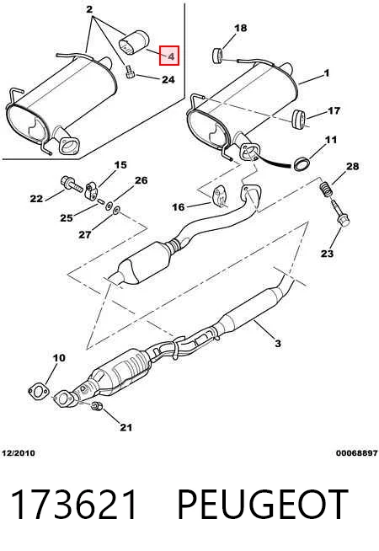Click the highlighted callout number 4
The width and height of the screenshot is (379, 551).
pyautogui.click(x=169, y=56)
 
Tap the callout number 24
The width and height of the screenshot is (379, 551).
pyautogui.click(x=168, y=80)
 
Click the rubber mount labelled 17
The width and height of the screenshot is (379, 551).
pyautogui.click(x=299, y=120)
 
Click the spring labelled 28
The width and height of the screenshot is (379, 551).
pyautogui.click(x=327, y=189)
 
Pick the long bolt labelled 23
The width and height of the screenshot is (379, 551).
pyautogui.click(x=339, y=213)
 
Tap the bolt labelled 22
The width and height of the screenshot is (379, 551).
pyautogui.click(x=72, y=184)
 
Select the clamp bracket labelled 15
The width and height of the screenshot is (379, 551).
pyautogui.click(x=92, y=190)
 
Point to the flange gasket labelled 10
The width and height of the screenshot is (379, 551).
pyautogui.click(x=38, y=392)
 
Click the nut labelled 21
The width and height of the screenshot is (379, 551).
pyautogui.click(x=96, y=405)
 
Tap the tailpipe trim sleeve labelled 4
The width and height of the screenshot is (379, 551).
pyautogui.click(x=134, y=44)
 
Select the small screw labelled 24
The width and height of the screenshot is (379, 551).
pyautogui.click(x=131, y=72)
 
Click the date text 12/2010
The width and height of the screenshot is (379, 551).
pyautogui.click(x=19, y=453)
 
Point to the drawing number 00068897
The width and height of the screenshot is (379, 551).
pyautogui.click(x=356, y=453)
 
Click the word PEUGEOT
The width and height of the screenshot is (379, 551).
pyautogui.click(x=262, y=504)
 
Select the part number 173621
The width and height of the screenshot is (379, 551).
pyautogui.click(x=74, y=504)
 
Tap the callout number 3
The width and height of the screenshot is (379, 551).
pyautogui.click(x=277, y=343)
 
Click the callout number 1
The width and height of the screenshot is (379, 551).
pyautogui.click(x=327, y=73)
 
